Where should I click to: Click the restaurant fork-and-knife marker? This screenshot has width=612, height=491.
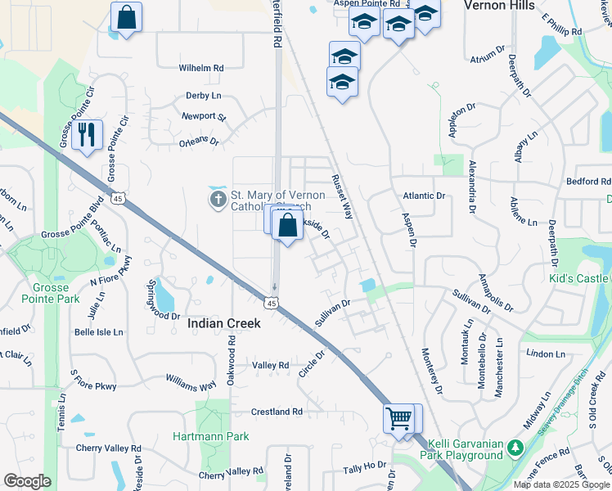[x=87, y=133]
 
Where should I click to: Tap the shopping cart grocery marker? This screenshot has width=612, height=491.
[x=398, y=419]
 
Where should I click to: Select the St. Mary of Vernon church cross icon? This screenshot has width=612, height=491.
[x=218, y=200]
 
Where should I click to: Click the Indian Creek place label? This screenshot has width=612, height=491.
[x=224, y=323]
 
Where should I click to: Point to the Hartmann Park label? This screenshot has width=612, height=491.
[x=210, y=436]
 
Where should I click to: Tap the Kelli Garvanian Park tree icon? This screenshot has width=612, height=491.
[x=515, y=447]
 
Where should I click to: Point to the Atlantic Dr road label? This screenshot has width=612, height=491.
[x=424, y=196]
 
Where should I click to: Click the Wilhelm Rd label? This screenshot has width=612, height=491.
[x=201, y=69]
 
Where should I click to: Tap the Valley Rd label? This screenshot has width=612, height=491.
[x=271, y=365]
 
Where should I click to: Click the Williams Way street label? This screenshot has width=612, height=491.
[x=191, y=381]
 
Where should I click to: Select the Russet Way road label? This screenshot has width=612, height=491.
[x=341, y=196]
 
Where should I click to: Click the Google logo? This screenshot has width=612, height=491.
[x=27, y=481]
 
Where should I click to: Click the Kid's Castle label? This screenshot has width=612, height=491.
[x=579, y=279]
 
